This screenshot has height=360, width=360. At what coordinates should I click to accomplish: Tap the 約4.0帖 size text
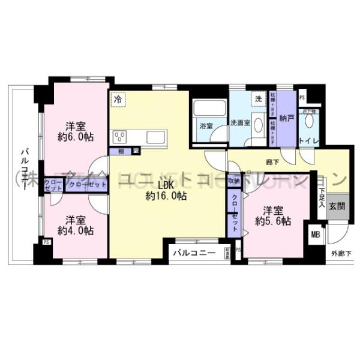(x=75, y=230)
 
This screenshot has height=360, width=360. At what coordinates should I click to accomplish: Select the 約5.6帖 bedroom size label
(x=273, y=221)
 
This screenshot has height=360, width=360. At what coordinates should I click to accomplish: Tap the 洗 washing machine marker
(x=259, y=99)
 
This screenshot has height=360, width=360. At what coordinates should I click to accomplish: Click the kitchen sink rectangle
(x=155, y=137)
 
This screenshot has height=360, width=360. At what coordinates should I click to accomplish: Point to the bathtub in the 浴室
(x=208, y=110)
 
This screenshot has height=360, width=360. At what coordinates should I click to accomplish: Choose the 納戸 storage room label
(x=286, y=119)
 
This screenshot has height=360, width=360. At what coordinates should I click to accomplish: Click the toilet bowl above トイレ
(x=309, y=120)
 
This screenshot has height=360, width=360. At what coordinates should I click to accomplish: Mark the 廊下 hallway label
(x=273, y=161)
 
